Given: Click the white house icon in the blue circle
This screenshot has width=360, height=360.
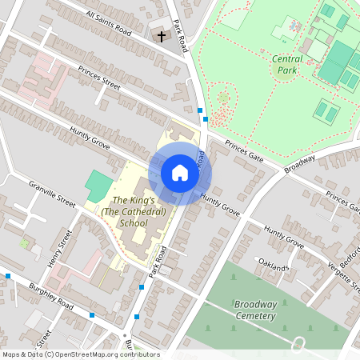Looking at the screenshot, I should (179, 173).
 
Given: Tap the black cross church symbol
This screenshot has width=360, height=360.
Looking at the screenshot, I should (161, 36).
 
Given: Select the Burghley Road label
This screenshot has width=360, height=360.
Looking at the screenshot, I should (50, 294).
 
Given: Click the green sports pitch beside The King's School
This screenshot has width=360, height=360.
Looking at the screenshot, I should (99, 186).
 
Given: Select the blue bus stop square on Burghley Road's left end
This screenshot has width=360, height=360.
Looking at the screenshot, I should (8, 276).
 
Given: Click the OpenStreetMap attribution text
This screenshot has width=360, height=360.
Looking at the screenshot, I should (81, 354).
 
